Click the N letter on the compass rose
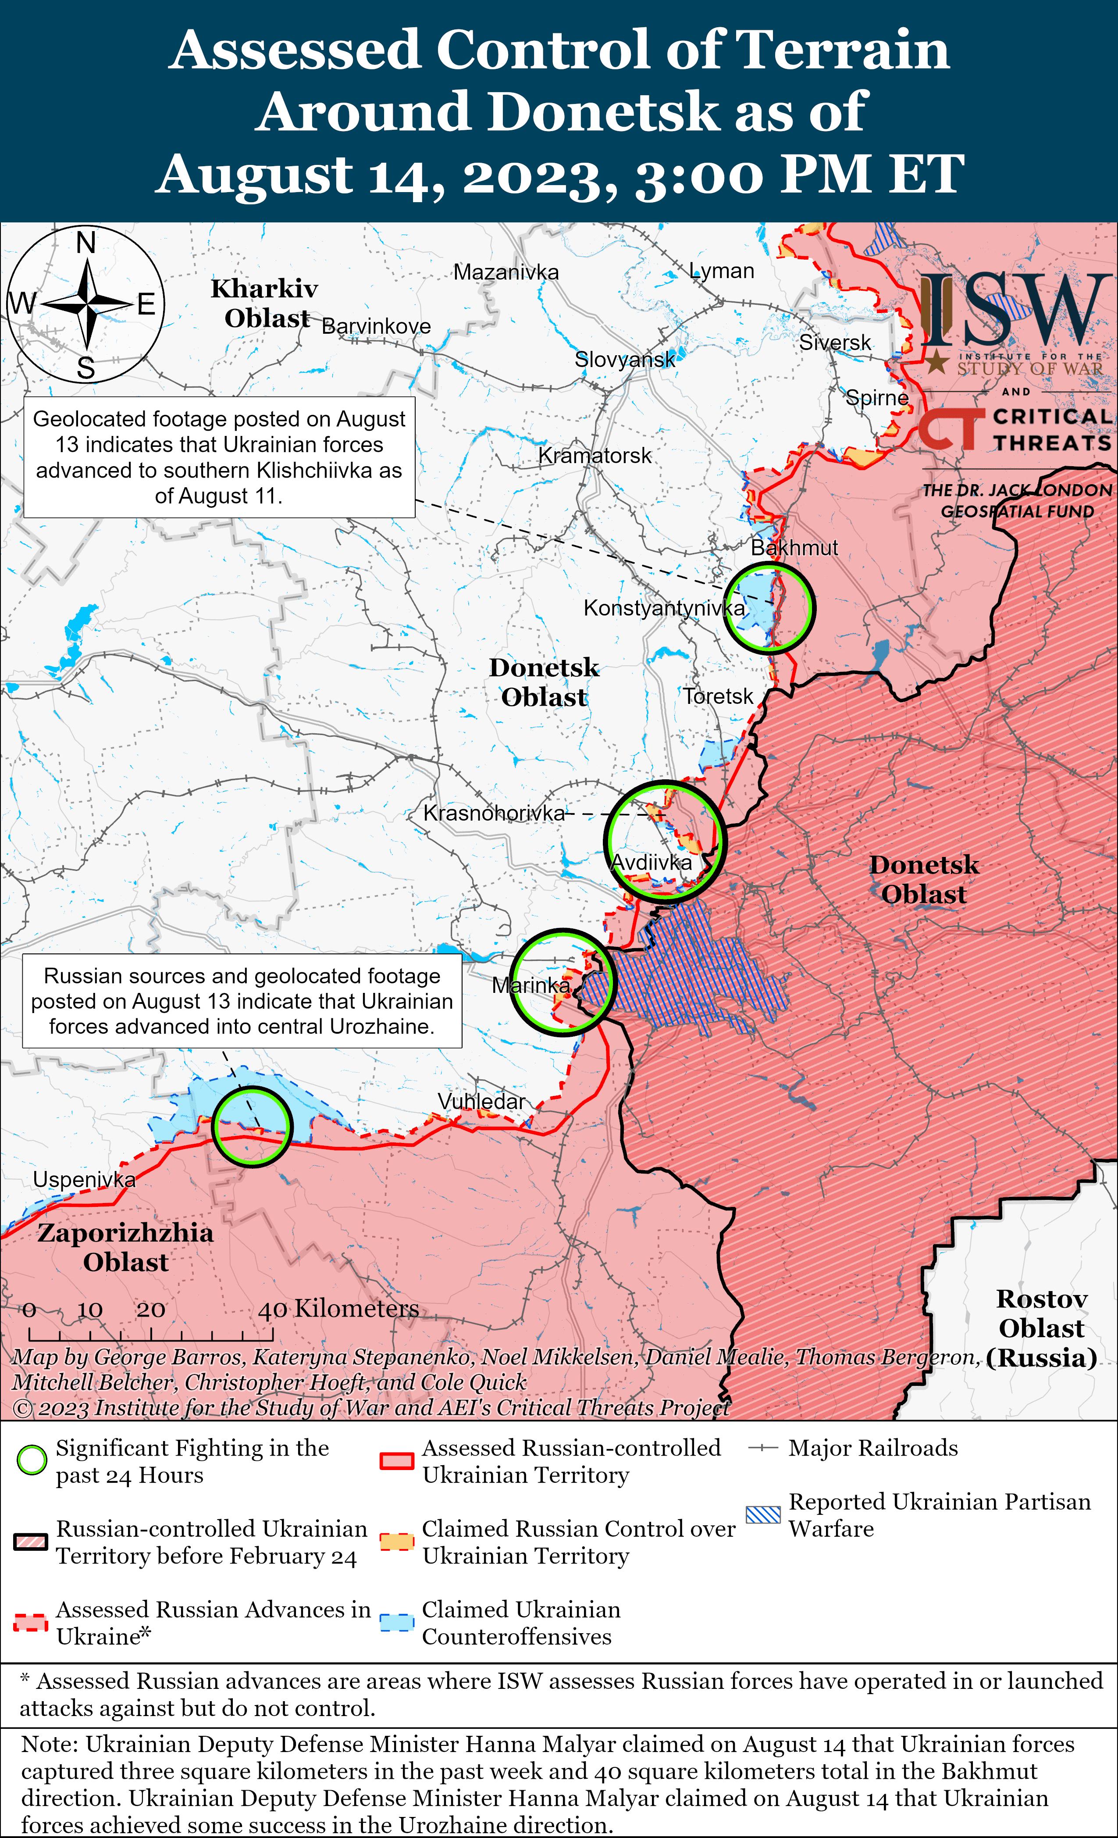coord(86,243)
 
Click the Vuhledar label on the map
coord(481,1101)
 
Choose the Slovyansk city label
coord(624,360)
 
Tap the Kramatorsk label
coord(595,455)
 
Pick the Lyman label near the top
coord(721,271)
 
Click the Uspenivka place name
coord(84,1179)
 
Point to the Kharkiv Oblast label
coord(265,303)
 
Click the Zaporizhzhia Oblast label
coord(125,1247)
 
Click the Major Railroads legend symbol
coord(763,1448)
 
